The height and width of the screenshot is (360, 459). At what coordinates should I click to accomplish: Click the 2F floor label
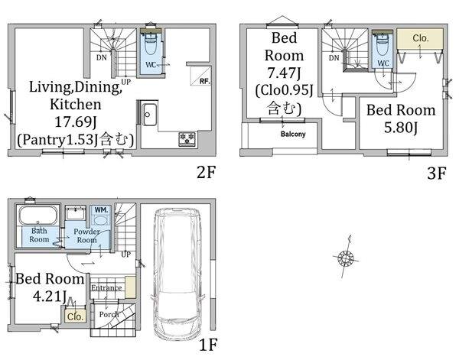click(206, 172)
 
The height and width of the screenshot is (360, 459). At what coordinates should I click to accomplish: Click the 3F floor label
click(437, 174)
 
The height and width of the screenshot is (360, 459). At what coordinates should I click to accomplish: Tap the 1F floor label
click(208, 345)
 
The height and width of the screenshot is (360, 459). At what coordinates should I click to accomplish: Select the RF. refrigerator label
click(204, 81)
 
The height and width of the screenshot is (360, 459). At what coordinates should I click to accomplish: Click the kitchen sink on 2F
click(149, 115)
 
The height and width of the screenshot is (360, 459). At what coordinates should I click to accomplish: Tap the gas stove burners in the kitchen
click(187, 138)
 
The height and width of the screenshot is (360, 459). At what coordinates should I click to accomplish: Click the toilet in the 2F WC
click(150, 44)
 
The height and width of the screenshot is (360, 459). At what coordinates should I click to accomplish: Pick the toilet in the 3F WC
click(382, 44)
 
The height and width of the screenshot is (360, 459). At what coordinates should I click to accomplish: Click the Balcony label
click(293, 135)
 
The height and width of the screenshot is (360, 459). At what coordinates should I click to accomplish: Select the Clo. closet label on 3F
click(421, 38)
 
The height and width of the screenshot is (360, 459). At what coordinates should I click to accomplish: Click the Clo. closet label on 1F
click(75, 316)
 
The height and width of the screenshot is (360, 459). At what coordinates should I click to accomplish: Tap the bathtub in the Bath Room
click(38, 216)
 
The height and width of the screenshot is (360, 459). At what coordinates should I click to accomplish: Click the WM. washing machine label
click(101, 209)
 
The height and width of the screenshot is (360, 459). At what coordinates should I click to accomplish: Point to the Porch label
click(109, 314)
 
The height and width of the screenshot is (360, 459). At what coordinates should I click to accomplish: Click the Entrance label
click(106, 287)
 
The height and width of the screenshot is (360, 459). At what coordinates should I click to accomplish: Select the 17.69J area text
click(76, 122)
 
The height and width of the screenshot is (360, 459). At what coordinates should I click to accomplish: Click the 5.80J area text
click(401, 128)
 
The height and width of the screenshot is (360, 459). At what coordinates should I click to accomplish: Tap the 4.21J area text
click(50, 297)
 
